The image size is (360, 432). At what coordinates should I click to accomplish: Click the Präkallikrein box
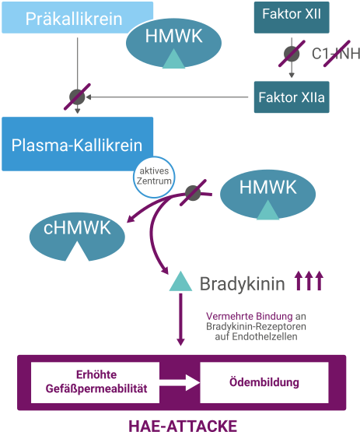click(77, 18)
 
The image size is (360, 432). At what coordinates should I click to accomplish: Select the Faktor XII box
click(292, 18)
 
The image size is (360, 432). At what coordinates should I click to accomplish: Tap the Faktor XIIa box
click(292, 97)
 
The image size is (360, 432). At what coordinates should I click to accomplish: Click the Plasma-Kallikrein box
click(77, 144)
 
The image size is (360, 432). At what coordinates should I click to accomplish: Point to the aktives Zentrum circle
click(154, 177)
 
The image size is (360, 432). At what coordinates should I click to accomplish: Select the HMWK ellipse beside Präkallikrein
click(173, 44)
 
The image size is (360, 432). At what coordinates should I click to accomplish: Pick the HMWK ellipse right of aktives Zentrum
click(267, 195)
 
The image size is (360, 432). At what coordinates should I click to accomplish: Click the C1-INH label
click(336, 54)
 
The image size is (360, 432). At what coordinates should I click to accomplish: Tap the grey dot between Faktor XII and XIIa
click(292, 54)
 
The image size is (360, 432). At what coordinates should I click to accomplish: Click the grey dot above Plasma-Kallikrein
click(77, 97)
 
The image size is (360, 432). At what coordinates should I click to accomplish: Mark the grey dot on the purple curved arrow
click(193, 193)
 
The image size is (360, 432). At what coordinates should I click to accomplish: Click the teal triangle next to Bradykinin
click(180, 281)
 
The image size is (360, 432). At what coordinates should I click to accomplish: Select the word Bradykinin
click(242, 284)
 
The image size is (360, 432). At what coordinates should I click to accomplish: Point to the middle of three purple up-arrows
click(309, 280)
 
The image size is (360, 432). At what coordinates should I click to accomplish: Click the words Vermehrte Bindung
click(250, 316)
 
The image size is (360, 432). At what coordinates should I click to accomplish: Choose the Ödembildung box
click(264, 382)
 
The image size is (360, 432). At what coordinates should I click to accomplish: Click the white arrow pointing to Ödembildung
click(180, 382)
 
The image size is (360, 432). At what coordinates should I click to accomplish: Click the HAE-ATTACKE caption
click(183, 426)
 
